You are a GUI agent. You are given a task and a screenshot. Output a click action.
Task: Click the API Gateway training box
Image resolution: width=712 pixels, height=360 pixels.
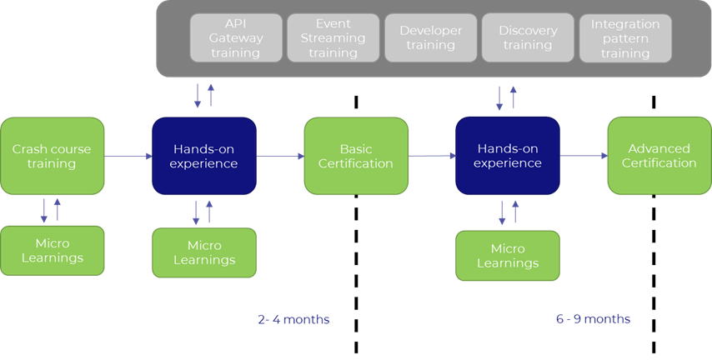(x=235, y=37)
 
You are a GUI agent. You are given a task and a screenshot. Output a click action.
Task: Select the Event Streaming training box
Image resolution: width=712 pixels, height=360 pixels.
(x=333, y=37)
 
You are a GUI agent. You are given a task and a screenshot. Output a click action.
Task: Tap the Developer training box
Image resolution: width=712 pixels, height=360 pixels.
(x=430, y=37)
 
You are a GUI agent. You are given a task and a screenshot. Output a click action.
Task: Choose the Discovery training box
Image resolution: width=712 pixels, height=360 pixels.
(x=528, y=37)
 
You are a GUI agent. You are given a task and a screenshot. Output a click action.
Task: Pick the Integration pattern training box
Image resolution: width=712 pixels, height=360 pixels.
(x=625, y=37)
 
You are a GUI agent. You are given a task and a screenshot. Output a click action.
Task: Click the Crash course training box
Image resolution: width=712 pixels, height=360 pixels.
(x=52, y=156)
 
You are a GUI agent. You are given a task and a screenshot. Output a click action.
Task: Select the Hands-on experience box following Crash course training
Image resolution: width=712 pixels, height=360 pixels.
(x=203, y=156)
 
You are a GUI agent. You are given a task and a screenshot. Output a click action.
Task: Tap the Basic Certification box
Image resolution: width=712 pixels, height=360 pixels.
(x=356, y=156)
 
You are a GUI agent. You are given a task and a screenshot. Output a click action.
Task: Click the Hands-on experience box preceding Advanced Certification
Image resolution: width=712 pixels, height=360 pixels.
(x=507, y=156)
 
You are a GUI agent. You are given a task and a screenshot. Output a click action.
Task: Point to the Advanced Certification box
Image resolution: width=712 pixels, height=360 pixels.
(x=659, y=156)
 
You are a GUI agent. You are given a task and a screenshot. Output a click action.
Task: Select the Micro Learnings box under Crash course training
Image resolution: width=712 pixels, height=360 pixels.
(x=52, y=250)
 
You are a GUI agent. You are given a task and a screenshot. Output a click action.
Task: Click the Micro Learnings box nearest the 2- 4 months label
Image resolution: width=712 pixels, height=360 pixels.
(x=203, y=252)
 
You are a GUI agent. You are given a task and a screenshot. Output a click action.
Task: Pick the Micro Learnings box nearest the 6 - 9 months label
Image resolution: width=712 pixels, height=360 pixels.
(x=507, y=255)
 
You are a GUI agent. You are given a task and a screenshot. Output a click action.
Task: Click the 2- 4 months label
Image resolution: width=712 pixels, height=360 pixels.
(x=293, y=319)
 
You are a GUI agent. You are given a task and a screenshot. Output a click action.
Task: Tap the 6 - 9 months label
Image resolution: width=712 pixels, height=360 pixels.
(x=593, y=319)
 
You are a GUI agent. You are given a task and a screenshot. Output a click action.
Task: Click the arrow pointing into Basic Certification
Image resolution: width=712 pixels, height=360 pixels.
(x=280, y=156)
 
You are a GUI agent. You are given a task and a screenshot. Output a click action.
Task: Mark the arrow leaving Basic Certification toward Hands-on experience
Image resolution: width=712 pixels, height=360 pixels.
(x=432, y=156)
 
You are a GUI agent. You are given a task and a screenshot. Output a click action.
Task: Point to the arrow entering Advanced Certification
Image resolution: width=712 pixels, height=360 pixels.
(x=584, y=156)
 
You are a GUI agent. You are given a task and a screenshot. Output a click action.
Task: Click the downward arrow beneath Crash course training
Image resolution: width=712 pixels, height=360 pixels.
(x=44, y=211)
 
